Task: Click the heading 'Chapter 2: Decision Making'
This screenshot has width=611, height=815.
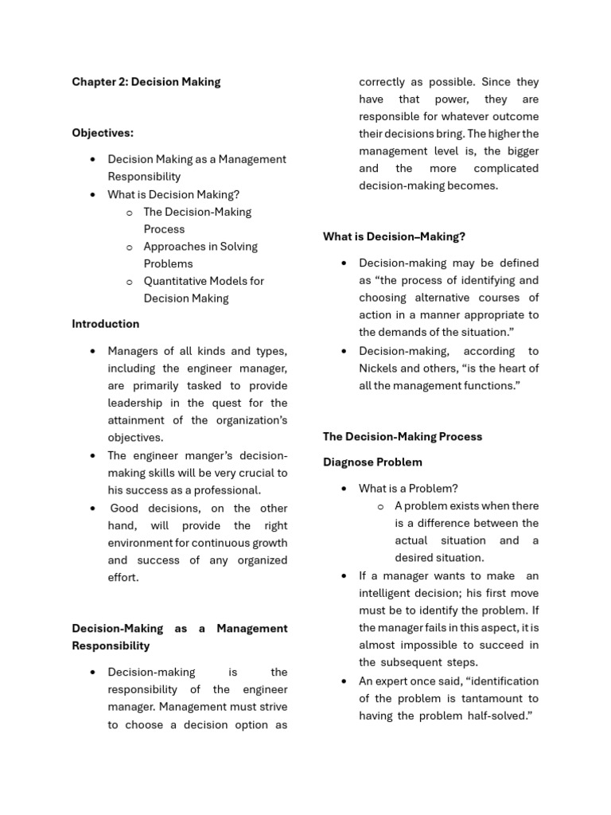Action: [x=146, y=82]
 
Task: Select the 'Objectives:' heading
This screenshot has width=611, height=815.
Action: [x=103, y=133]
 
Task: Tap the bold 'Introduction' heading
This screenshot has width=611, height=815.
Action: [x=105, y=324]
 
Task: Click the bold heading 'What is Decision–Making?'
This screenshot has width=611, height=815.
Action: [x=394, y=236]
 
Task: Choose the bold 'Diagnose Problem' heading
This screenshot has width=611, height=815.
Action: [x=372, y=462]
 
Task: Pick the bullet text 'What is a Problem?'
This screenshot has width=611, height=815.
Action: [x=408, y=489]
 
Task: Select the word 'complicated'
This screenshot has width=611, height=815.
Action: [x=506, y=168]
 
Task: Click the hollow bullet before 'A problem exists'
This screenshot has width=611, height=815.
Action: [x=380, y=506]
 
